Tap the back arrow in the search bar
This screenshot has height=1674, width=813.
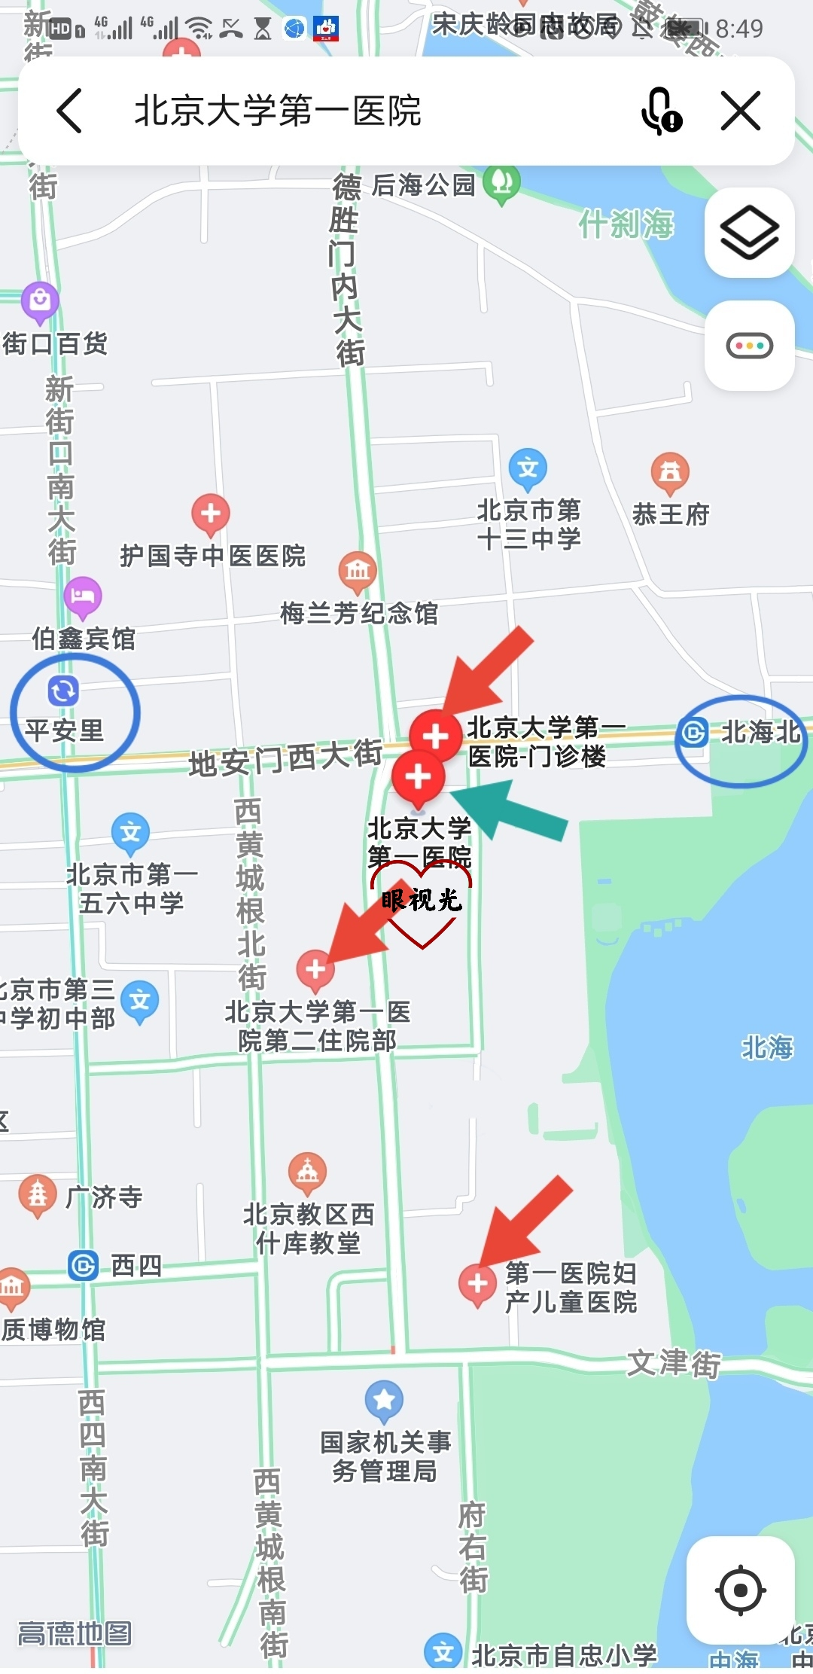click(x=69, y=111)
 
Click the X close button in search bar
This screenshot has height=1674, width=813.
click(x=741, y=111)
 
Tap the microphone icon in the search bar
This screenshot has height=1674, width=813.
click(x=660, y=111)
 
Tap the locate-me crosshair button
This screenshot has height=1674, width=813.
click(x=741, y=1590)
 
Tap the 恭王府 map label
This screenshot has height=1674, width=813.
click(x=671, y=514)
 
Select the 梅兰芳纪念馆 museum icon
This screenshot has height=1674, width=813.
click(x=358, y=570)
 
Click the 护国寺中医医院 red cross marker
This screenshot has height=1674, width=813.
click(x=211, y=514)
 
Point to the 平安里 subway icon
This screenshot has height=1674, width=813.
click(x=63, y=691)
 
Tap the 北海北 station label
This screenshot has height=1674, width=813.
click(x=760, y=732)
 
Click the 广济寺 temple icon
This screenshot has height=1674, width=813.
click(x=38, y=1194)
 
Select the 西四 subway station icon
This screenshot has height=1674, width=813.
click(x=83, y=1265)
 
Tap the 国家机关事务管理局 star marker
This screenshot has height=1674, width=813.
click(x=384, y=1399)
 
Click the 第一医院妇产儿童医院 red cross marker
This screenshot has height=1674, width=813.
click(x=477, y=1283)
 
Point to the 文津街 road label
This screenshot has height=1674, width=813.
click(x=674, y=1363)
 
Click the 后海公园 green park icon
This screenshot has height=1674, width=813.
click(x=501, y=183)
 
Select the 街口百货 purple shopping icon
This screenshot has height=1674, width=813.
click(x=40, y=301)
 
